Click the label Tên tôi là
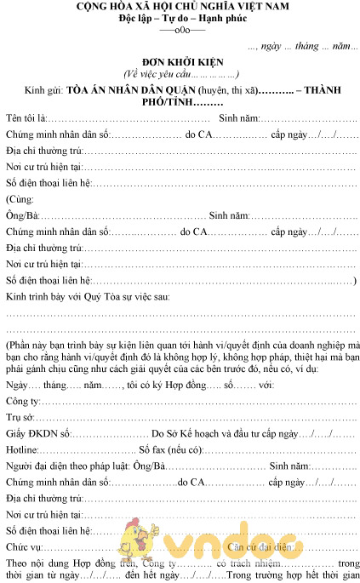pyautogui.click(x=26, y=117)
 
